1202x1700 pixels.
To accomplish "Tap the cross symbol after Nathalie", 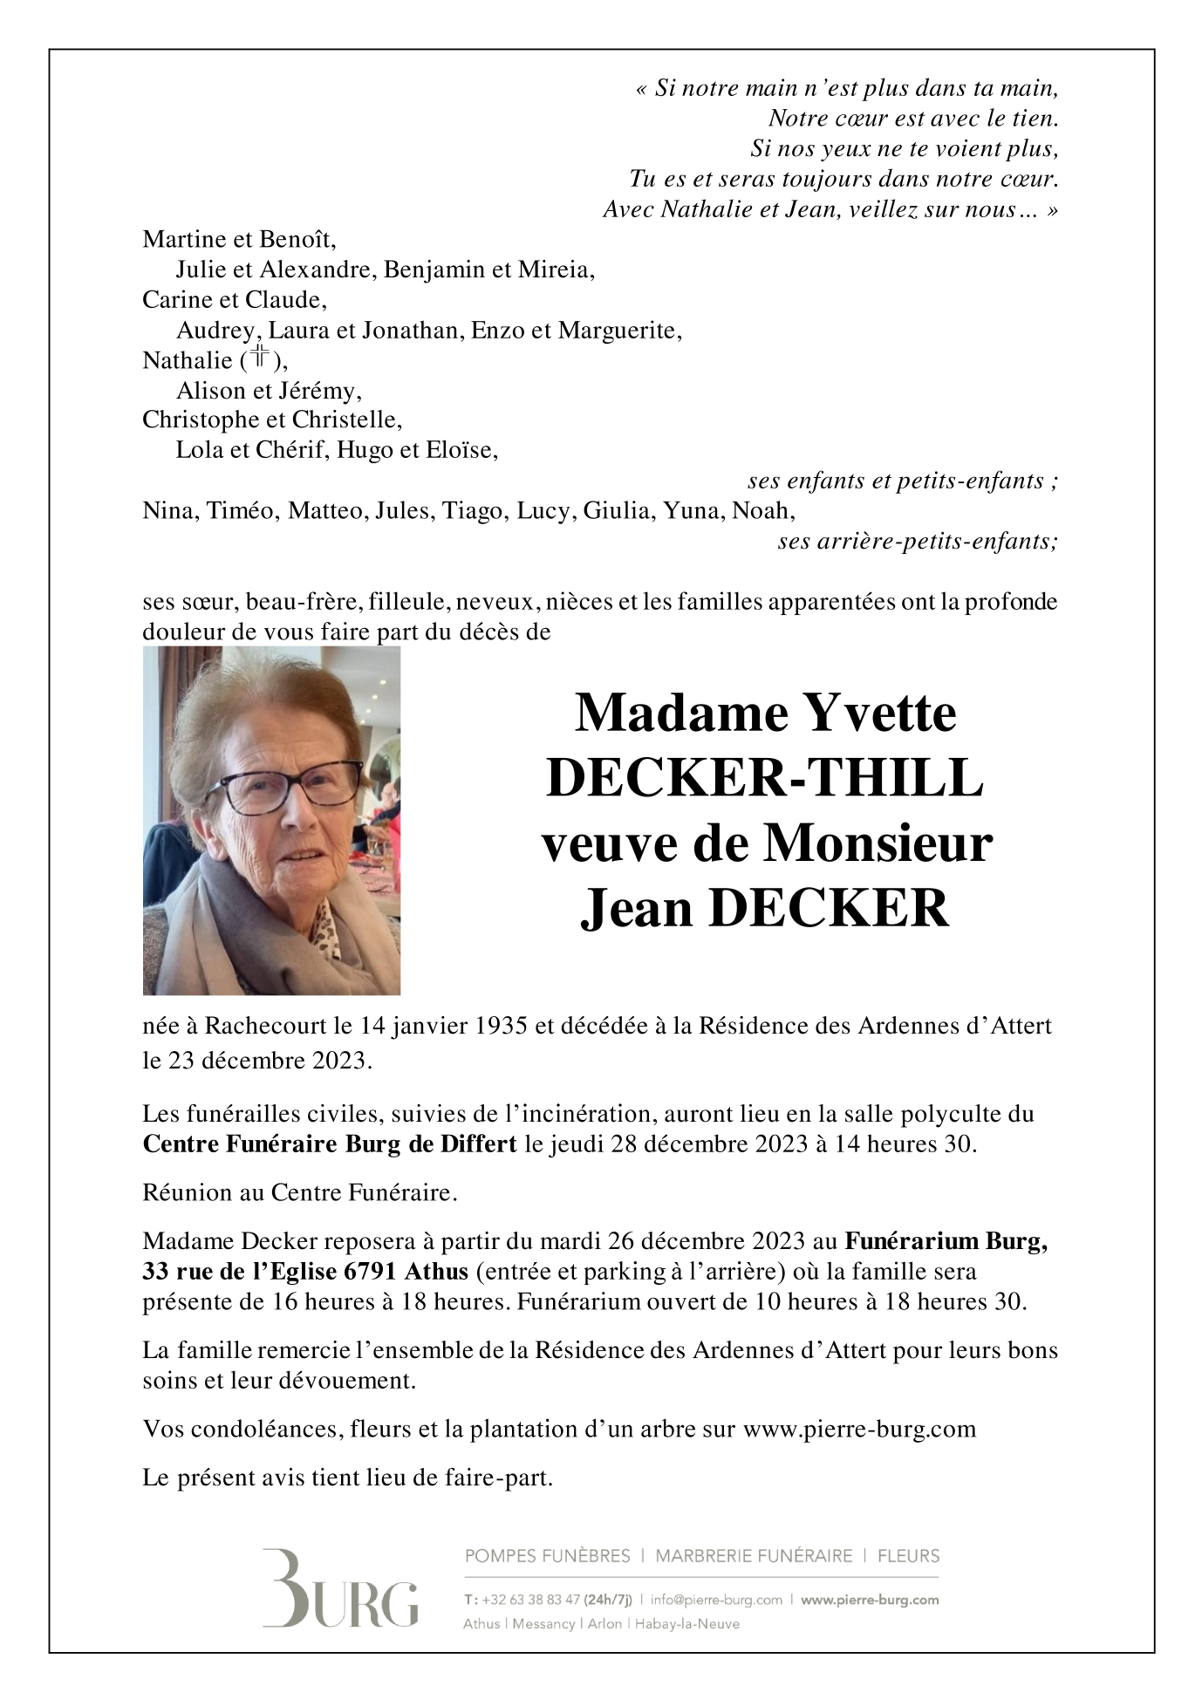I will click(260, 357).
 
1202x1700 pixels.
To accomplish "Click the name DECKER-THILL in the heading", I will click(765, 778).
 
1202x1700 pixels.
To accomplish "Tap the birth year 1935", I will click(501, 1026).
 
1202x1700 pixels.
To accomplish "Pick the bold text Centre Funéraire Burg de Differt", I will click(330, 1144).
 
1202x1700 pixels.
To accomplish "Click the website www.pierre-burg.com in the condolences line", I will click(859, 1429).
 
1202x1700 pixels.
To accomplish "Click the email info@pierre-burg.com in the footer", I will click(716, 1600).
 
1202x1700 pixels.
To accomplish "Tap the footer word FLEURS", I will click(908, 1556).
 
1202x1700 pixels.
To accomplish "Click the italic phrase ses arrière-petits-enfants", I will click(918, 542).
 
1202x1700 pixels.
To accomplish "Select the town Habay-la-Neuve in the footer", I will click(686, 1624).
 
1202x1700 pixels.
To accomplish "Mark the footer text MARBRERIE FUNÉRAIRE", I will click(754, 1556).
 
